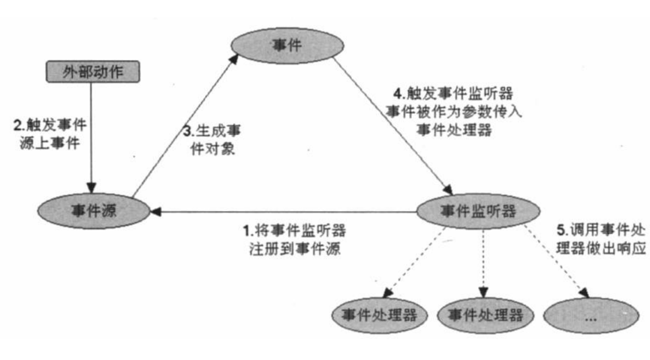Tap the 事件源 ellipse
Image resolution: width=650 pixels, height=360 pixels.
click(92, 211)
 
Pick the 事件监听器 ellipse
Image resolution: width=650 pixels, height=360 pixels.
click(477, 212)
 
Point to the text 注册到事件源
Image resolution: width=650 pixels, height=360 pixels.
click(294, 247)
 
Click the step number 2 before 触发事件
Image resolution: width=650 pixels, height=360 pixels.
click(18, 125)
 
